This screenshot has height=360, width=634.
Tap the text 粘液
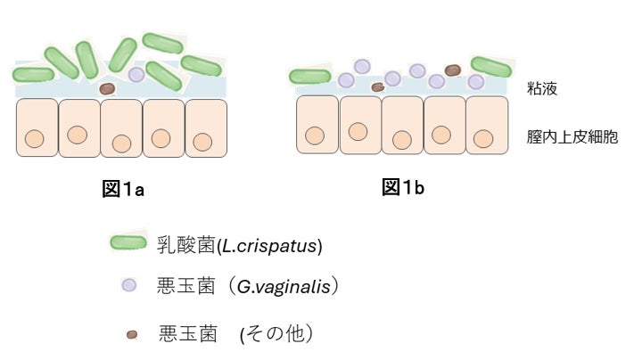point(542,89)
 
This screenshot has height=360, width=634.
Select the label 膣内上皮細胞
point(572,137)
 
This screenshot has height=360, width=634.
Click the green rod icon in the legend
point(128,243)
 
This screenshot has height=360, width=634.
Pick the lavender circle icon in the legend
point(128,285)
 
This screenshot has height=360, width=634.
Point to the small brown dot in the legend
point(132,335)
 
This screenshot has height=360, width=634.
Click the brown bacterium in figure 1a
point(107,88)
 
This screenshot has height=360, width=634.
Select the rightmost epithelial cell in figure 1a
point(206,127)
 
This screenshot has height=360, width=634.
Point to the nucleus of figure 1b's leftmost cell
point(314,135)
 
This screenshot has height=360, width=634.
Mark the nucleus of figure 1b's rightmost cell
point(483,138)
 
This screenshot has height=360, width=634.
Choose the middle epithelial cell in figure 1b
point(401,125)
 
